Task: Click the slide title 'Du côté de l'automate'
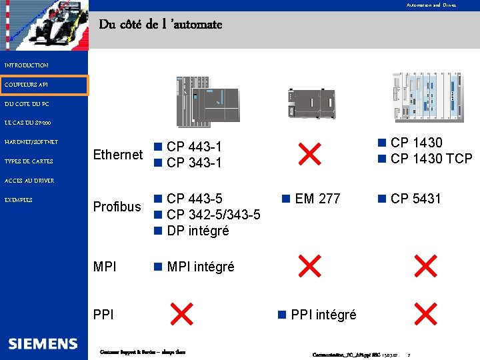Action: tap(161, 25)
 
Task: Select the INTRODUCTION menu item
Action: tap(27, 65)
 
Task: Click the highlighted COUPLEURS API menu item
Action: tap(26, 85)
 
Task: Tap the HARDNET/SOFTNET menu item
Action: tap(31, 142)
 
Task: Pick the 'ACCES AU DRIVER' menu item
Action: tap(29, 181)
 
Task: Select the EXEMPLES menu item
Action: tap(19, 200)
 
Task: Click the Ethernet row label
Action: tap(118, 155)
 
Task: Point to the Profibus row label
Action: tap(117, 207)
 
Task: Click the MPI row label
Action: tap(105, 267)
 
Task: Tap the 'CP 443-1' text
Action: tap(194, 147)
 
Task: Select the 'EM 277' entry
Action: tap(317, 199)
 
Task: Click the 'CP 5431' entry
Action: tap(415, 199)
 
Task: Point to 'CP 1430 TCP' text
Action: tap(431, 159)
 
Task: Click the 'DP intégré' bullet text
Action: tap(197, 231)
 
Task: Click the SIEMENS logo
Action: tap(43, 343)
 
